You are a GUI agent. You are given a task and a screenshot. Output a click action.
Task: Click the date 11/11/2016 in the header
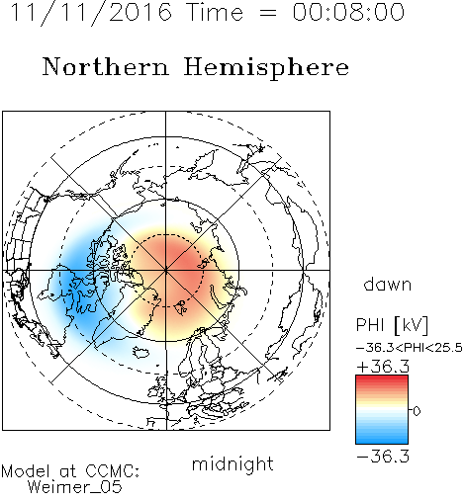91,13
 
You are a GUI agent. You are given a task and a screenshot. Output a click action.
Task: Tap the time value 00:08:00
348,12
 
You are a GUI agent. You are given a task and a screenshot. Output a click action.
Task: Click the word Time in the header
215,12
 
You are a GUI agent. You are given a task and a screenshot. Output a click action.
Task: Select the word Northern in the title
105,66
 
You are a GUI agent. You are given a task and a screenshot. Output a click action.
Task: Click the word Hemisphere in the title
266,68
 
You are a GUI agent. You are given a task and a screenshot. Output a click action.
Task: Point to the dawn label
388,284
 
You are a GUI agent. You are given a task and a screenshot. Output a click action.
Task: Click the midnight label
232,464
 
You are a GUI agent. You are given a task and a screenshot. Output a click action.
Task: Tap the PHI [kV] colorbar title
392,325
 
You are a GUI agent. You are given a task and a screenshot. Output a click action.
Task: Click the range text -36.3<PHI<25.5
410,348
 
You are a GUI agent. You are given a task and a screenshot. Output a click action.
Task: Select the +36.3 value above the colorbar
383,367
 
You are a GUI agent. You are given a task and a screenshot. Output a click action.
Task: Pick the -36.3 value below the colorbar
383,457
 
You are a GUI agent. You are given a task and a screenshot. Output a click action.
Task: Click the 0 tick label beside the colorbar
417,411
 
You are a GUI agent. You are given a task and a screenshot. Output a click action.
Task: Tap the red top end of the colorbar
382,378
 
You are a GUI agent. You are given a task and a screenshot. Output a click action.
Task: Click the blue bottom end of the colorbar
382,441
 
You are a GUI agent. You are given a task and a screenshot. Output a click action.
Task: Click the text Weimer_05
75,487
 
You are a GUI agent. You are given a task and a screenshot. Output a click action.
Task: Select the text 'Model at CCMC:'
70,471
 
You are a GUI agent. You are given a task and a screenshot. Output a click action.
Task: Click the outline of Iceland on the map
140,352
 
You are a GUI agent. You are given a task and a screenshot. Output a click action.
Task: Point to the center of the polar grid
166,271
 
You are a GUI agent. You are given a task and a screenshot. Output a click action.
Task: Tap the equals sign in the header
268,13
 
